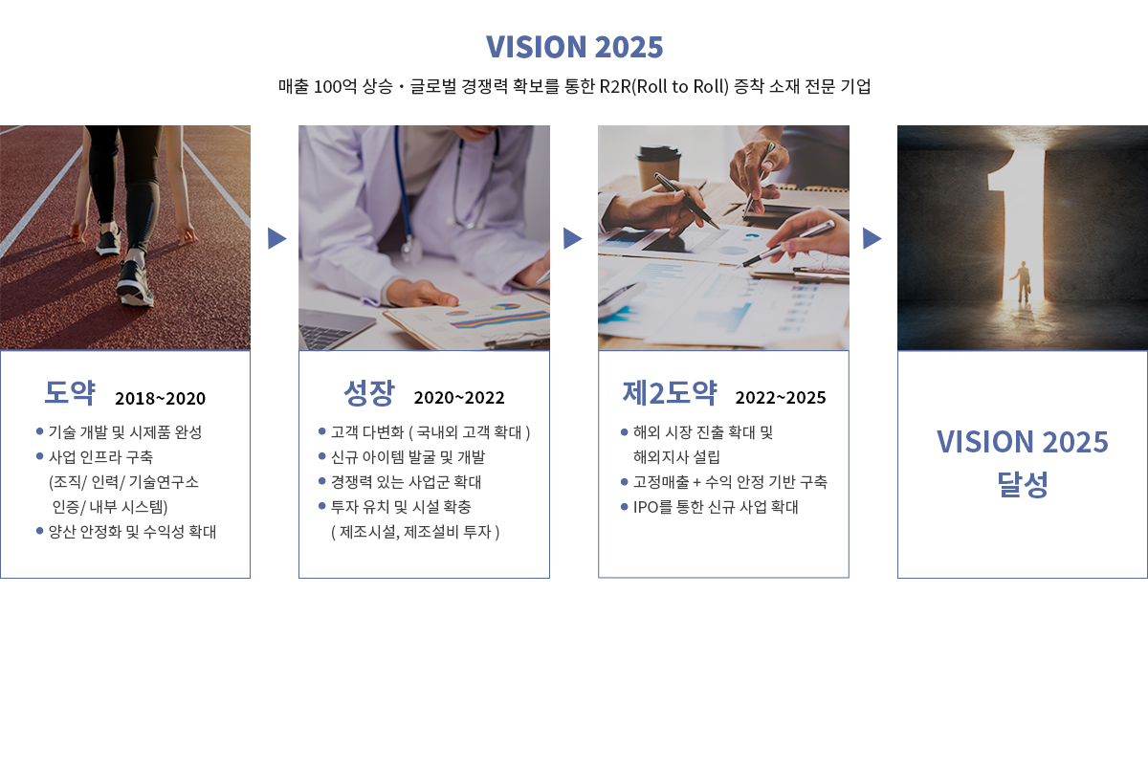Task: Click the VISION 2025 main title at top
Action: pyautogui.click(x=574, y=47)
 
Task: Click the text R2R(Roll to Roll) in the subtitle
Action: pyautogui.click(x=664, y=87)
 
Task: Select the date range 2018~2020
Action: pyautogui.click(x=160, y=398)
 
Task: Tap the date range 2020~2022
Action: pyautogui.click(x=459, y=398)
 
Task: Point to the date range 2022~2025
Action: pyautogui.click(x=781, y=398)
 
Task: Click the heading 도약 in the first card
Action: pyautogui.click(x=70, y=392)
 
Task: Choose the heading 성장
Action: pyautogui.click(x=369, y=392)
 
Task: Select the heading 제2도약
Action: pyautogui.click(x=670, y=392)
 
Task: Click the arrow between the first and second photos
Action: pyautogui.click(x=276, y=238)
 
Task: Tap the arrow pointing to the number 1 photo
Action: pyautogui.click(x=872, y=238)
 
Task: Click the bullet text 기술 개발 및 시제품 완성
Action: pyautogui.click(x=125, y=432)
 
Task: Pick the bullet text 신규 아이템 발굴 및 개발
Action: pyautogui.click(x=408, y=457)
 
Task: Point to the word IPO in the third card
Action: pyautogui.click(x=645, y=507)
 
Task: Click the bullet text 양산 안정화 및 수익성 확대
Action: pyautogui.click(x=132, y=532)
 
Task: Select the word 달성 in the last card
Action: pyautogui.click(x=1023, y=484)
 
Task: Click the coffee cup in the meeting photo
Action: pyautogui.click(x=659, y=169)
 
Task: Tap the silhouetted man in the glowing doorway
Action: pyautogui.click(x=1023, y=282)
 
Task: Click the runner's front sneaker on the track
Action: pyautogui.click(x=135, y=284)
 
